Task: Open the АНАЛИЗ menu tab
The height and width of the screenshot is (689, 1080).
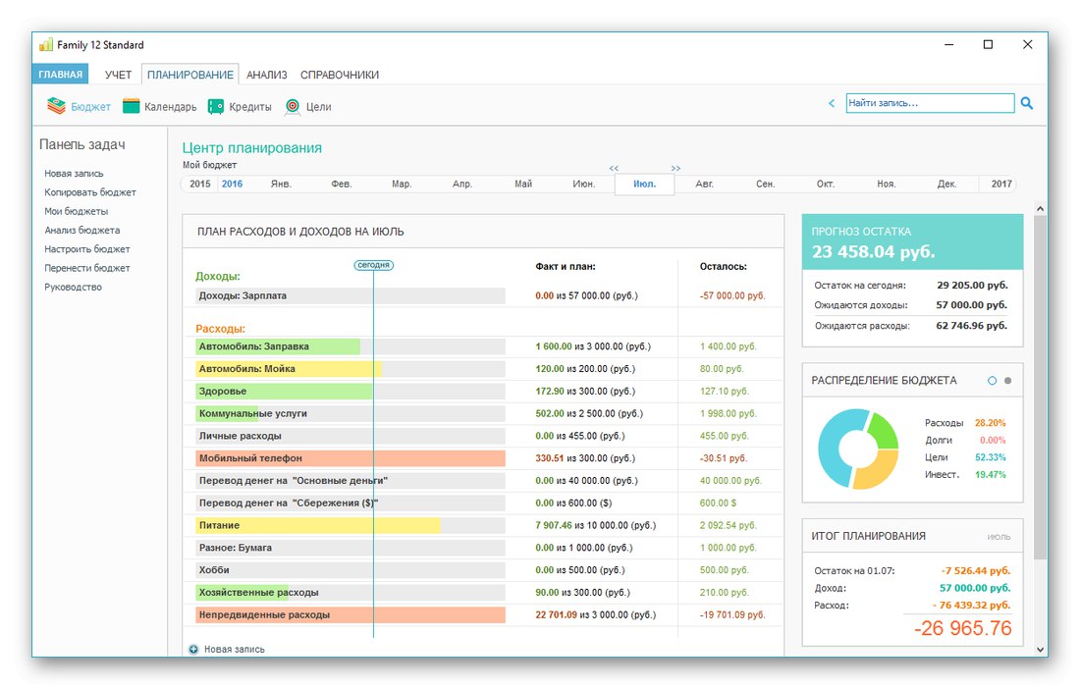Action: pyautogui.click(x=266, y=75)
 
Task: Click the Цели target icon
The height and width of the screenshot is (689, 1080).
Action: pyautogui.click(x=292, y=106)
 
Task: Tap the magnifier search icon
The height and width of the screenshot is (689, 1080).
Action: pyautogui.click(x=1027, y=102)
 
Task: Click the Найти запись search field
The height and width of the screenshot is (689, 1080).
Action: pyautogui.click(x=929, y=103)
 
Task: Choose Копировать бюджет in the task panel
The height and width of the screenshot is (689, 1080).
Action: pyautogui.click(x=90, y=192)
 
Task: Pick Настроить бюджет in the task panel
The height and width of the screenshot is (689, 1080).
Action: pyautogui.click(x=87, y=249)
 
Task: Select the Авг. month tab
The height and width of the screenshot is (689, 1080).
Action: pyautogui.click(x=705, y=184)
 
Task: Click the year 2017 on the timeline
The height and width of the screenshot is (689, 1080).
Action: pyautogui.click(x=1001, y=184)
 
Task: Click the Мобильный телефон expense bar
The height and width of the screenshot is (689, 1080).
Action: pyautogui.click(x=350, y=457)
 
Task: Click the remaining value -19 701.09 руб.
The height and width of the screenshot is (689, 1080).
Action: pyautogui.click(x=732, y=615)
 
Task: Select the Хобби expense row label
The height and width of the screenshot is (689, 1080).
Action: pyautogui.click(x=219, y=570)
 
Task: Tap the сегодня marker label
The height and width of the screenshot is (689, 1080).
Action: pyautogui.click(x=373, y=265)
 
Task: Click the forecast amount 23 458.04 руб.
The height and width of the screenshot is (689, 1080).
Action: pyautogui.click(x=872, y=251)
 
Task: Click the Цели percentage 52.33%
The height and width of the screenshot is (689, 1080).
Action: pyautogui.click(x=991, y=457)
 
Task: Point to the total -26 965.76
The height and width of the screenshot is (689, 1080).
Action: pyautogui.click(x=962, y=629)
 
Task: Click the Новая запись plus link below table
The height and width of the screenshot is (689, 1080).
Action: pyautogui.click(x=233, y=649)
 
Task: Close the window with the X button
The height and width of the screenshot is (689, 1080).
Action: pyautogui.click(x=1027, y=44)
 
